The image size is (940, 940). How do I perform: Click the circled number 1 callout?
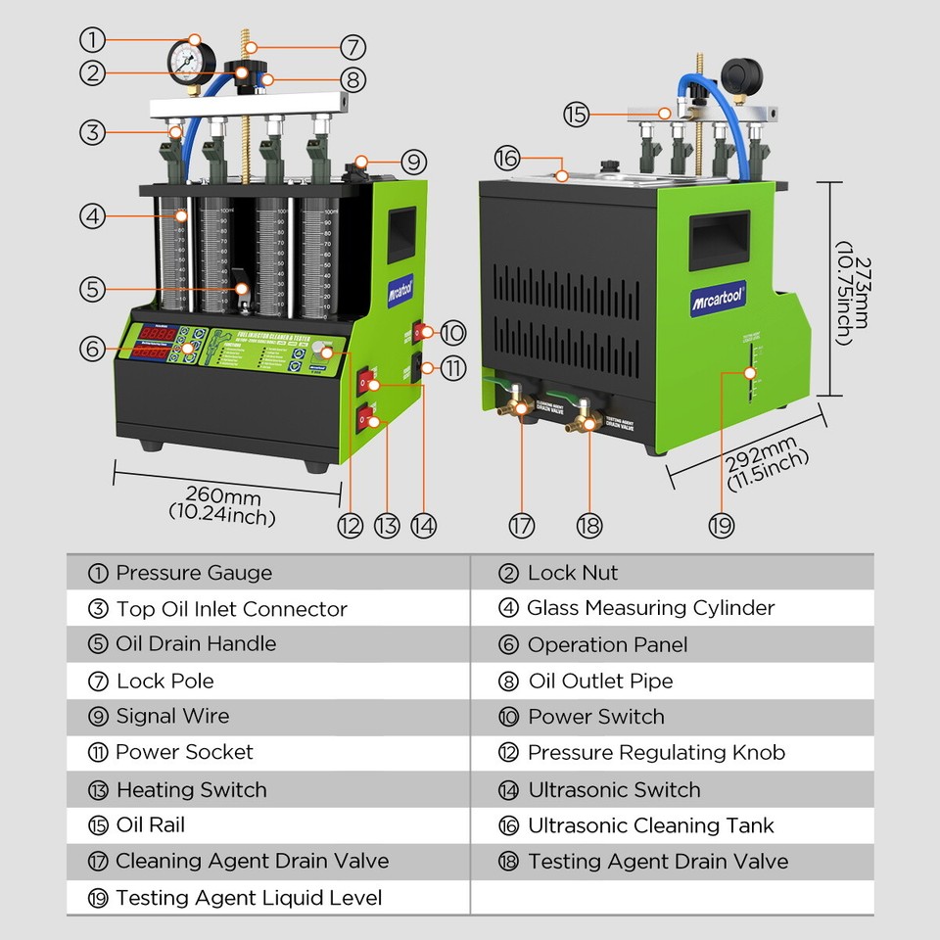92,40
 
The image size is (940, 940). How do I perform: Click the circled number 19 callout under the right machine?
722,525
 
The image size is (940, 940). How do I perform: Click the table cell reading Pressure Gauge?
194,574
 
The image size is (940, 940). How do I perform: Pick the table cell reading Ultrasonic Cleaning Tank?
650,825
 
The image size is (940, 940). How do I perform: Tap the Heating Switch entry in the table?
191,789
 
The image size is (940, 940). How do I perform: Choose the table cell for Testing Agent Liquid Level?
249,898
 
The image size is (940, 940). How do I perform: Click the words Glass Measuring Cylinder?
650,608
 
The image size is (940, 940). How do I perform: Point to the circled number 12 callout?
350,525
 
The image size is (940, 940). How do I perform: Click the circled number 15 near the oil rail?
577,115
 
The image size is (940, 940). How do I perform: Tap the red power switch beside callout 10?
419,332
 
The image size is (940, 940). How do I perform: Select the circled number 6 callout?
92,348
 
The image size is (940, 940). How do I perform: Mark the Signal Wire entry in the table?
172,716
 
